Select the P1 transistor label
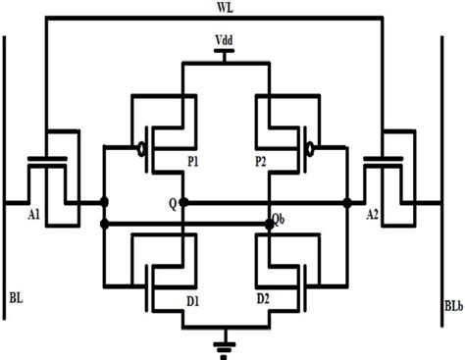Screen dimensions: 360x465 pos(192,164)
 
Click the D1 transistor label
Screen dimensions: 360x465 pos(194,297)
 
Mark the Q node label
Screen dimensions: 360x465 pos(172,206)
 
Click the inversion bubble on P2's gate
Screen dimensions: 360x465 pos(311,151)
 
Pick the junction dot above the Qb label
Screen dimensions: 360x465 pos(270,225)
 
